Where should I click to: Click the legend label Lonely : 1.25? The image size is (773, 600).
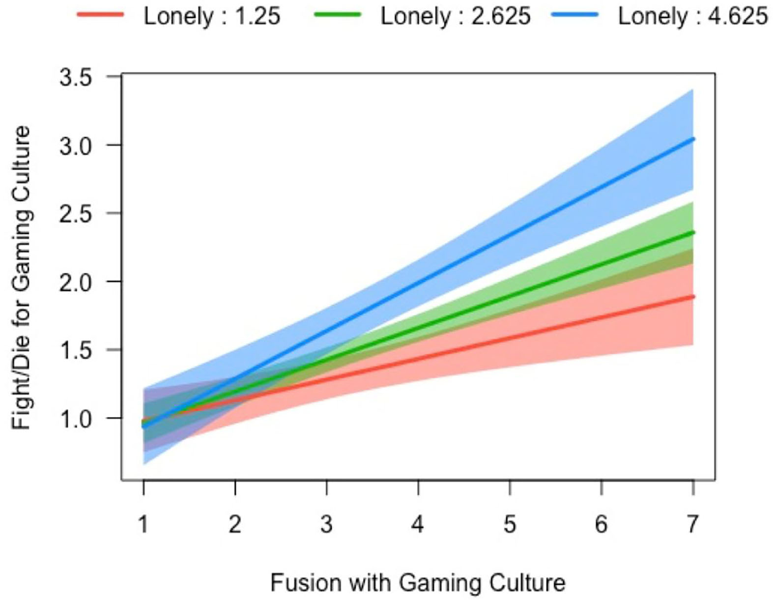[212, 16]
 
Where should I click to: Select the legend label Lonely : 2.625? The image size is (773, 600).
[456, 16]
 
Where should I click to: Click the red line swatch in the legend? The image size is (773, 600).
[101, 15]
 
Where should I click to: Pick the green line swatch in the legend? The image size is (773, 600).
[338, 15]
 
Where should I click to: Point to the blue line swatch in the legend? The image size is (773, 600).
[575, 15]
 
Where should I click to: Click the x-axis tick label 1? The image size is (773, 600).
[143, 524]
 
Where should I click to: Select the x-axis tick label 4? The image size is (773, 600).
[418, 524]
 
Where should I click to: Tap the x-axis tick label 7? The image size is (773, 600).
[693, 524]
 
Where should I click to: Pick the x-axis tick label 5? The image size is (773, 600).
[510, 524]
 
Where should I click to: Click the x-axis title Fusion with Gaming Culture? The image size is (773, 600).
[418, 583]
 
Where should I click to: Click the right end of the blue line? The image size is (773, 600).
[693, 139]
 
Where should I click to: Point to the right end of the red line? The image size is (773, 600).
[693, 297]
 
